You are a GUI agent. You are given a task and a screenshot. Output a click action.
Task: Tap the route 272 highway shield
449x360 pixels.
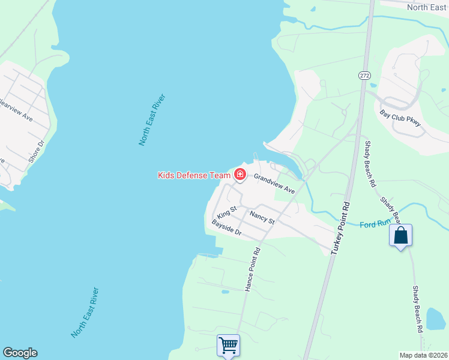[364, 76]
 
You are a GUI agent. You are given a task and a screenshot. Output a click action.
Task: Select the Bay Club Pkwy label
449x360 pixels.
[400, 118]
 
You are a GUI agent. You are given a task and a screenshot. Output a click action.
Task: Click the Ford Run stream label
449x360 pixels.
[375, 225]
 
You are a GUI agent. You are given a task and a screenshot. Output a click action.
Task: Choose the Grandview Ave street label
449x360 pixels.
[274, 184]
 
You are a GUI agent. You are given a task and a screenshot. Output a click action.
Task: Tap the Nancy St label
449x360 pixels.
[262, 217]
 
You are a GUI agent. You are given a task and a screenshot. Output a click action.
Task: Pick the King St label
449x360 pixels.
[228, 212]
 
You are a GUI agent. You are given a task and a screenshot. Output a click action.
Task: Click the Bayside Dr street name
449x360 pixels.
[226, 227]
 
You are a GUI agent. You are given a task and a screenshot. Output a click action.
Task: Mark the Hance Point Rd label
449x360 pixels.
[253, 269]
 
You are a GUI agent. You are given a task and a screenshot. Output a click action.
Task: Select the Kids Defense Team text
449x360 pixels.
[194, 175]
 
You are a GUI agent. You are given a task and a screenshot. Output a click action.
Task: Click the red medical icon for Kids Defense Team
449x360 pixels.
[240, 175]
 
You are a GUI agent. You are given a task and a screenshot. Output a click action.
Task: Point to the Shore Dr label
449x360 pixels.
[37, 152]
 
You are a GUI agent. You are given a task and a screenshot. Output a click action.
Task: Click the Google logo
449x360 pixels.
[20, 353]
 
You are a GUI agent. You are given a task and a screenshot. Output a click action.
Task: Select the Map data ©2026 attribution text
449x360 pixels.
[423, 355]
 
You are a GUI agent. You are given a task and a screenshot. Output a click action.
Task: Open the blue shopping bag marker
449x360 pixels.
[400, 235]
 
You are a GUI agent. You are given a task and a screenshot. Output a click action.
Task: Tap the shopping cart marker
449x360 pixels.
[228, 346]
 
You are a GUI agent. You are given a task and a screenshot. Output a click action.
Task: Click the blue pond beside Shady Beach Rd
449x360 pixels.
[435, 318]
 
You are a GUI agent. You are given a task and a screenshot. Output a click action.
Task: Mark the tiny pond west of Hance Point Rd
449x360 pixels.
[224, 292]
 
